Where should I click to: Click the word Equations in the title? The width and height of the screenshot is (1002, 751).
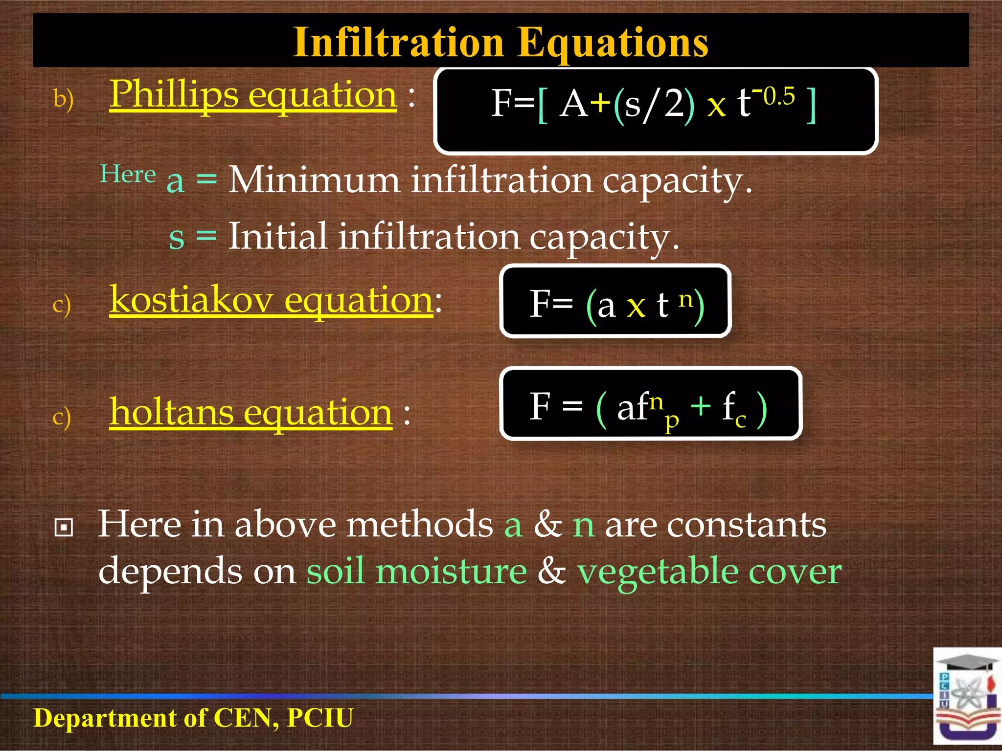tap(613, 43)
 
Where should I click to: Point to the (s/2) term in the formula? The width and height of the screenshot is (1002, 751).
tap(654, 105)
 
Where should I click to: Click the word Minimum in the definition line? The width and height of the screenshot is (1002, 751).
tap(314, 180)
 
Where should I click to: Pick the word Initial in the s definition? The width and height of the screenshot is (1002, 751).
tap(278, 237)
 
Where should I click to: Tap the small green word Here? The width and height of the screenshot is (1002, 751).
tap(128, 174)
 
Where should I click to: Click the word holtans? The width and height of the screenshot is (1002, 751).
tap(171, 412)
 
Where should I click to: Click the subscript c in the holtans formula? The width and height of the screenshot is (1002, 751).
tap(740, 420)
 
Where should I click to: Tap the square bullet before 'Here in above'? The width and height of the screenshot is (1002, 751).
tap(64, 527)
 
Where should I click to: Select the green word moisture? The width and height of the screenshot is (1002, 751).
tap(451, 571)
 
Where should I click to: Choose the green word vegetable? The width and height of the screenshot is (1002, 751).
tap(657, 571)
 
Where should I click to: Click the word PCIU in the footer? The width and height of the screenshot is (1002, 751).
tap(320, 718)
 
